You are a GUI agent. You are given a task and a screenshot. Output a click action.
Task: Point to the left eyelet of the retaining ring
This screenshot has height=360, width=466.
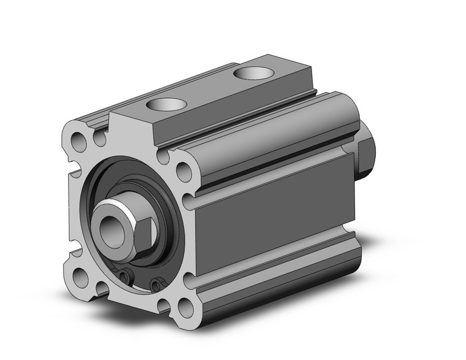[x=125, y=277]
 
